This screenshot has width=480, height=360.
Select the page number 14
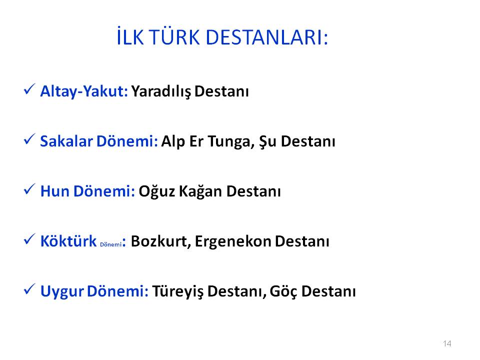(x=447, y=343)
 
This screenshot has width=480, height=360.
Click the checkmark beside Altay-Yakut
(x=29, y=89)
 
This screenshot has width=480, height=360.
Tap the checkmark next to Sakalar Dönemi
(x=29, y=139)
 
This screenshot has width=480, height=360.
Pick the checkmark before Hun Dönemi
(x=29, y=189)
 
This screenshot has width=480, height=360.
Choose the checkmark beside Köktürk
(x=29, y=239)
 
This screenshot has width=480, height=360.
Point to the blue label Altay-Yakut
(x=84, y=91)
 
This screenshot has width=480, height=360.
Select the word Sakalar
(x=66, y=141)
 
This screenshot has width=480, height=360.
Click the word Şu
(x=268, y=141)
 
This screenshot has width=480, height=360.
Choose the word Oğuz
(x=156, y=191)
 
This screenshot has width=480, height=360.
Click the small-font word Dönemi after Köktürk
(x=111, y=244)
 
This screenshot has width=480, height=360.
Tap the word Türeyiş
(x=177, y=291)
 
